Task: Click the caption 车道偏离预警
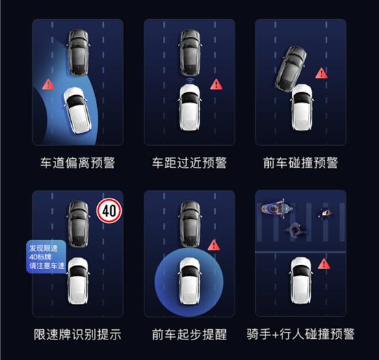[x=77, y=162]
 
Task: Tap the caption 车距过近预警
[x=189, y=162]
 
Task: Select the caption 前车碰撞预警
[x=300, y=162]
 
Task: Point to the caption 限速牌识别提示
[x=77, y=335]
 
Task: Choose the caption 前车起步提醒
[x=189, y=335]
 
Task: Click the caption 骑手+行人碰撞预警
[x=300, y=335]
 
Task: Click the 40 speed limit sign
[x=109, y=211]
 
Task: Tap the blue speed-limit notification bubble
[x=46, y=257]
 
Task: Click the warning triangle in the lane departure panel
[x=49, y=84]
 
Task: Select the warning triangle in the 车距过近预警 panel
[x=216, y=84]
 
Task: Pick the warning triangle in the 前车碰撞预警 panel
[x=322, y=73]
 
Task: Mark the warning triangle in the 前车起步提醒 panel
[x=213, y=245]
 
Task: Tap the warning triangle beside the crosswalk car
[x=324, y=263]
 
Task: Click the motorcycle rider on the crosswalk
[x=277, y=207]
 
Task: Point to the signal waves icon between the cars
[x=190, y=81]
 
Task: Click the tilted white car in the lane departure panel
[x=77, y=110]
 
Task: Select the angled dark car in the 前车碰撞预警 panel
[x=291, y=69]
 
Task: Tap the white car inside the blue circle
[x=189, y=281]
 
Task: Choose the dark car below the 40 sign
[x=78, y=224]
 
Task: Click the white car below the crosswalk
[x=301, y=281]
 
